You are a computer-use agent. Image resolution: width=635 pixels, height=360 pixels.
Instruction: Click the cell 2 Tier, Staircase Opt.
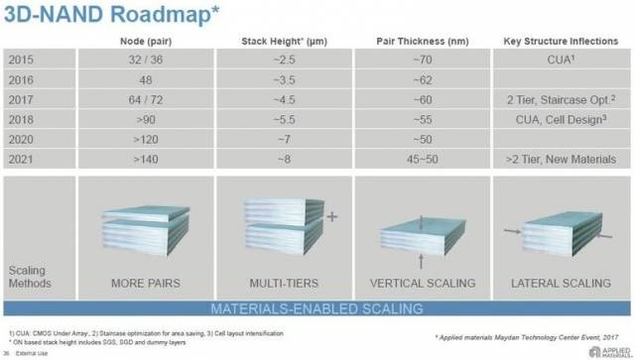coord(561,98)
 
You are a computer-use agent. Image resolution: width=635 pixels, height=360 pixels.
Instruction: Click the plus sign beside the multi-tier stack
coord(331,213)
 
